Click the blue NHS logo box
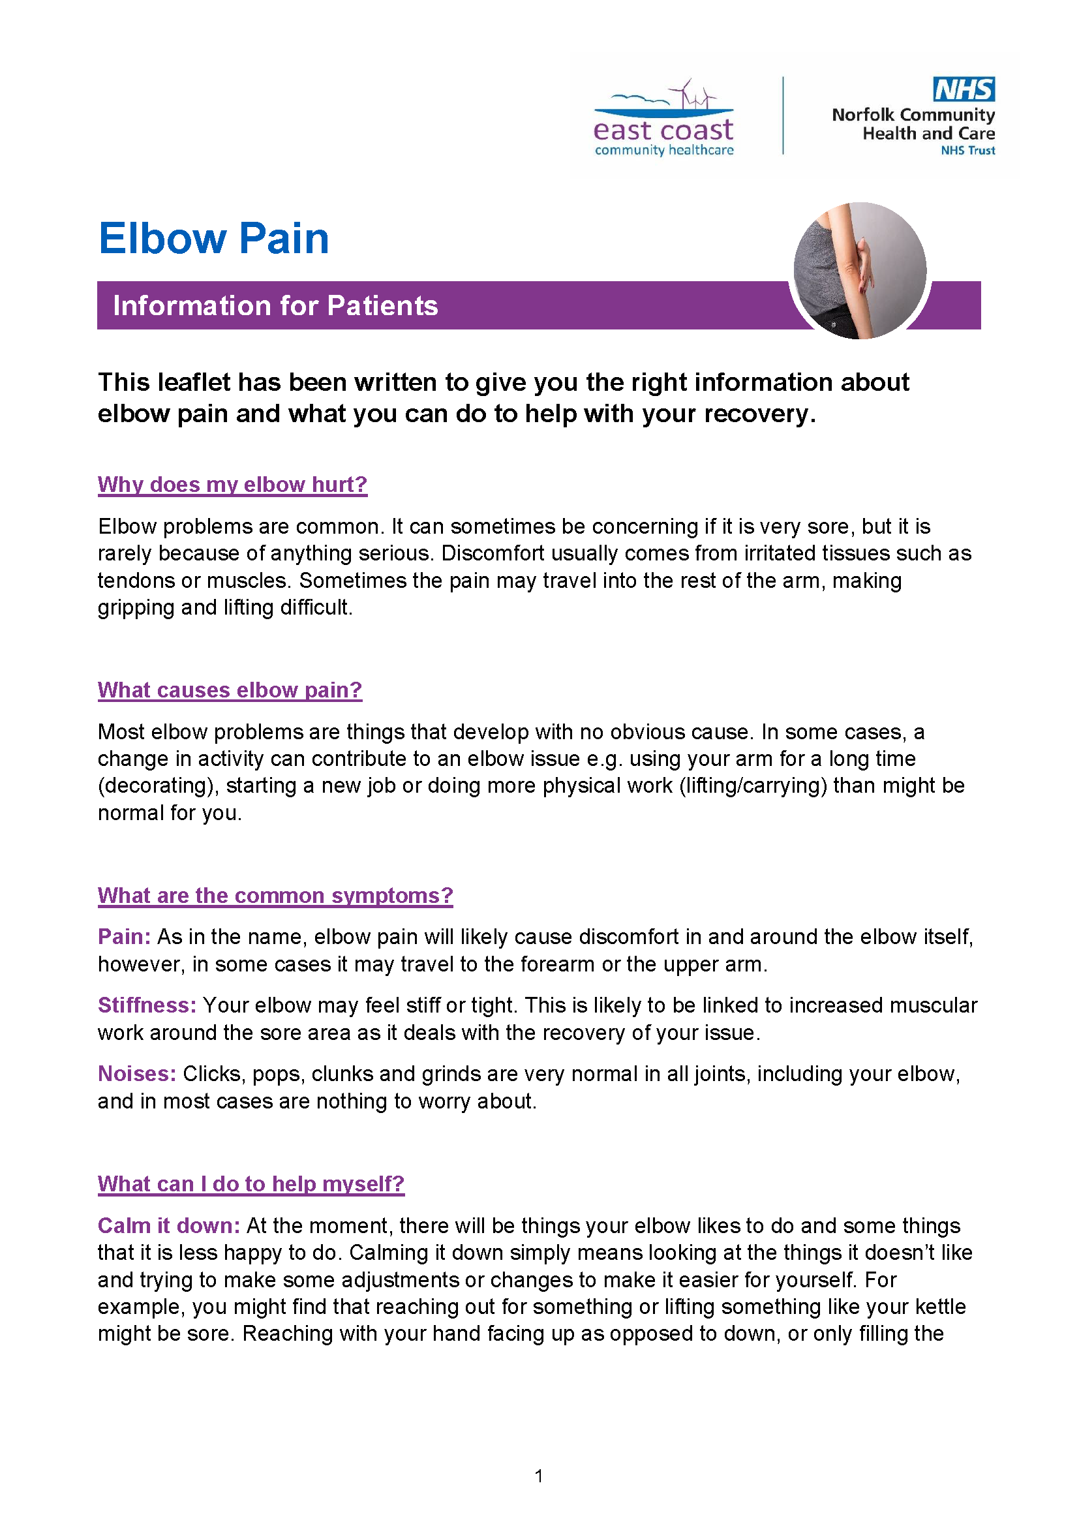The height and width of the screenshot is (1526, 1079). (x=964, y=89)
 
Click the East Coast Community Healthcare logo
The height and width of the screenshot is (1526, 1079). (x=663, y=119)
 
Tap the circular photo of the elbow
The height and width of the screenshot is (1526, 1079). (x=860, y=271)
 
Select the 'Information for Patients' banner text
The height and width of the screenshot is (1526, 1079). (x=275, y=306)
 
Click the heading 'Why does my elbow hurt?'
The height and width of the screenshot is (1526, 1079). (x=232, y=484)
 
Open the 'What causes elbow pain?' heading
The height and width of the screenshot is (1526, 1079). (x=229, y=690)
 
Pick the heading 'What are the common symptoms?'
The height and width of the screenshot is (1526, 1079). (x=275, y=895)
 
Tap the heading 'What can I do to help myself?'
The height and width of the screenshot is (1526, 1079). (x=251, y=1183)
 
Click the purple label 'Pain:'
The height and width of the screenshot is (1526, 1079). (x=124, y=936)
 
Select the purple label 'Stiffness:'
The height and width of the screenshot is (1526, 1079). (x=147, y=1005)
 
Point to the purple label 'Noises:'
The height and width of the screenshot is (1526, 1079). (x=137, y=1073)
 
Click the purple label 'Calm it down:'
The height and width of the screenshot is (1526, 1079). (x=169, y=1225)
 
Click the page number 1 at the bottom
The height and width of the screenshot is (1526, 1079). (x=539, y=1476)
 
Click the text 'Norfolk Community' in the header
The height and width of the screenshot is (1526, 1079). (x=913, y=115)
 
